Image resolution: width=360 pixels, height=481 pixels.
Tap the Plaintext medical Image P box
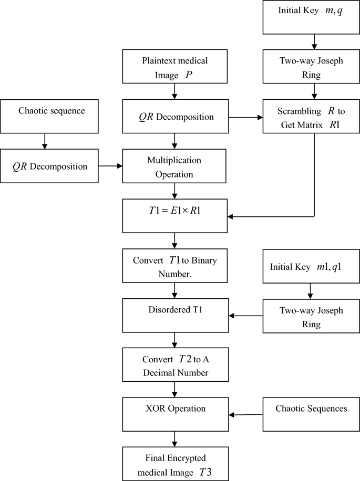pyautogui.click(x=174, y=67)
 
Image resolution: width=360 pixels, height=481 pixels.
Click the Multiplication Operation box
pyautogui.click(x=174, y=166)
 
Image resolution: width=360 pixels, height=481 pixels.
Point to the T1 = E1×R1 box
pyautogui.click(x=174, y=215)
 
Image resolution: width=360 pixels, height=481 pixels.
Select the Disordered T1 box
pyautogui.click(x=174, y=316)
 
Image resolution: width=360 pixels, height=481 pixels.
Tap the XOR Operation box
pyautogui.click(x=174, y=414)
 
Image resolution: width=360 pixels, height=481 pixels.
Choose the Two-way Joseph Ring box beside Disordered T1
pyautogui.click(x=311, y=316)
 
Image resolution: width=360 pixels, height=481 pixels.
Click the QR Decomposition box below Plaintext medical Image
pyautogui.click(x=174, y=117)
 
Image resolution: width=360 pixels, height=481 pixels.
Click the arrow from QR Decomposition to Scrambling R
pyautogui.click(x=244, y=118)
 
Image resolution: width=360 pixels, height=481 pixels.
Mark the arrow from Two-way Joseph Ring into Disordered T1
pyautogui.click(x=244, y=316)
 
